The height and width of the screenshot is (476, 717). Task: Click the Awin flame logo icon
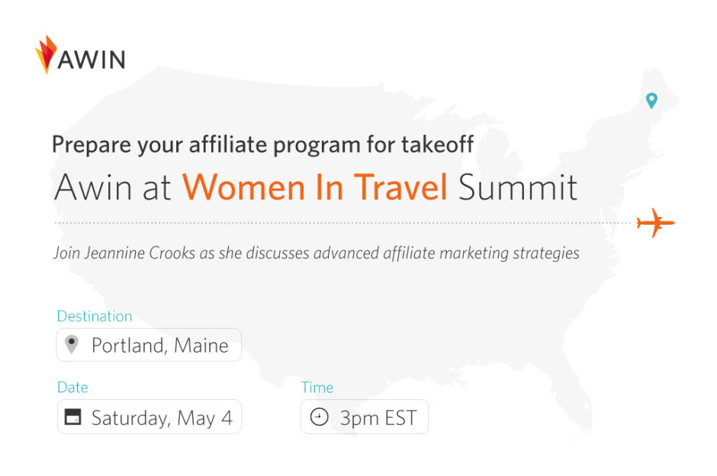[x=46, y=54]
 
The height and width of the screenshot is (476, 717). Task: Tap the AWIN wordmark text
[x=92, y=59]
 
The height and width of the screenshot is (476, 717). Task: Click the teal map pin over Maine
[x=651, y=101]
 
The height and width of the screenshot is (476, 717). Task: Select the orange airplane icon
[x=656, y=222]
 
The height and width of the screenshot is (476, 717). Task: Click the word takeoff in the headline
[x=438, y=144]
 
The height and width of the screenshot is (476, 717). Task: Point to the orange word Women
[x=244, y=187]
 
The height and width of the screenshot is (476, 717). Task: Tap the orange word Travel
[x=401, y=187]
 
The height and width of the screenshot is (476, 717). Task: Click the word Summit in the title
[x=518, y=187]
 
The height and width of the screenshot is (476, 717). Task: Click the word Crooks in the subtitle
[x=172, y=253]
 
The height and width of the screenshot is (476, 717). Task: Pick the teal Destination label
[x=95, y=316]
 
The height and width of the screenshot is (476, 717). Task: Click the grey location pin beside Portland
[x=72, y=344]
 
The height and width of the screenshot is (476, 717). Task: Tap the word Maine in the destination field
[x=201, y=346]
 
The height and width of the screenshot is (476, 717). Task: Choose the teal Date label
[x=72, y=388]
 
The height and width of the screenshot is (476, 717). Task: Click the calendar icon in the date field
[x=72, y=417]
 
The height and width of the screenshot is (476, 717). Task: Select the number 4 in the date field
[x=227, y=418]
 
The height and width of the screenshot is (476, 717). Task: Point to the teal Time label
[x=317, y=388]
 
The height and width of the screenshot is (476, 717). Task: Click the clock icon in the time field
[x=319, y=417]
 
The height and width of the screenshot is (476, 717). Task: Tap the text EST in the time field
[x=401, y=418]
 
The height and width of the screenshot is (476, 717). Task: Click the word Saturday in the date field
[x=131, y=418]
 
